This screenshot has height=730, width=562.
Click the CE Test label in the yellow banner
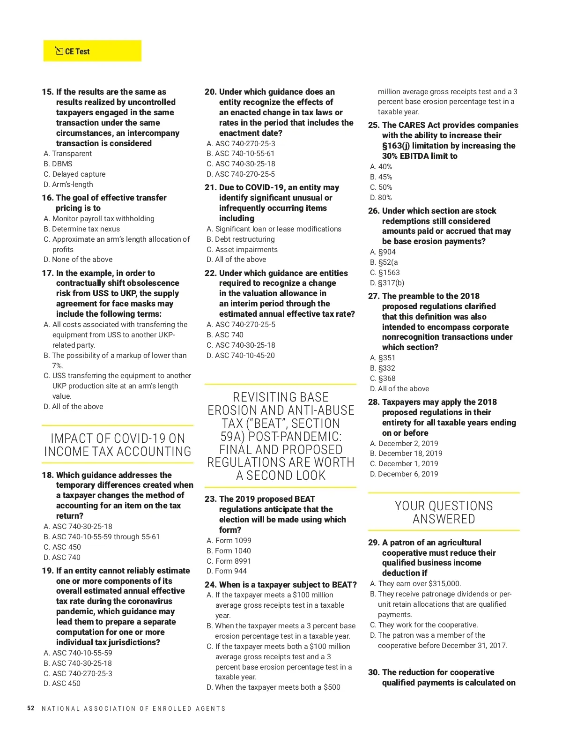tap(77, 52)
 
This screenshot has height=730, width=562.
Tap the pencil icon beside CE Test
tap(59, 51)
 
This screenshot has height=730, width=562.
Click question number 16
tap(47, 198)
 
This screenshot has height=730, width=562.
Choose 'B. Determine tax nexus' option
tap(82, 229)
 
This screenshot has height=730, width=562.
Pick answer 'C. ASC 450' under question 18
tap(62, 547)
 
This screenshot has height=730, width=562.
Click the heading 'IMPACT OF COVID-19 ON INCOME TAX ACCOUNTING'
tap(118, 445)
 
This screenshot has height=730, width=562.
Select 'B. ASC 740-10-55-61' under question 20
tap(240, 154)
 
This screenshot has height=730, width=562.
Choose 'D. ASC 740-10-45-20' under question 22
tap(241, 356)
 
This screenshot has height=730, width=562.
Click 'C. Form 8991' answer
tap(229, 561)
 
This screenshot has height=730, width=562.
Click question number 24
tap(211, 585)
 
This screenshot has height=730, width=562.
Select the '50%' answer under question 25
tap(381, 187)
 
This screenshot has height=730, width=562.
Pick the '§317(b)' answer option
tap(387, 283)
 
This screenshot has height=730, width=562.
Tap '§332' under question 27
tap(383, 368)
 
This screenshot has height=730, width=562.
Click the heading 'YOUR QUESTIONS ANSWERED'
tap(444, 513)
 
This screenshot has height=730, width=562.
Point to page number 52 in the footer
tap(31, 708)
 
